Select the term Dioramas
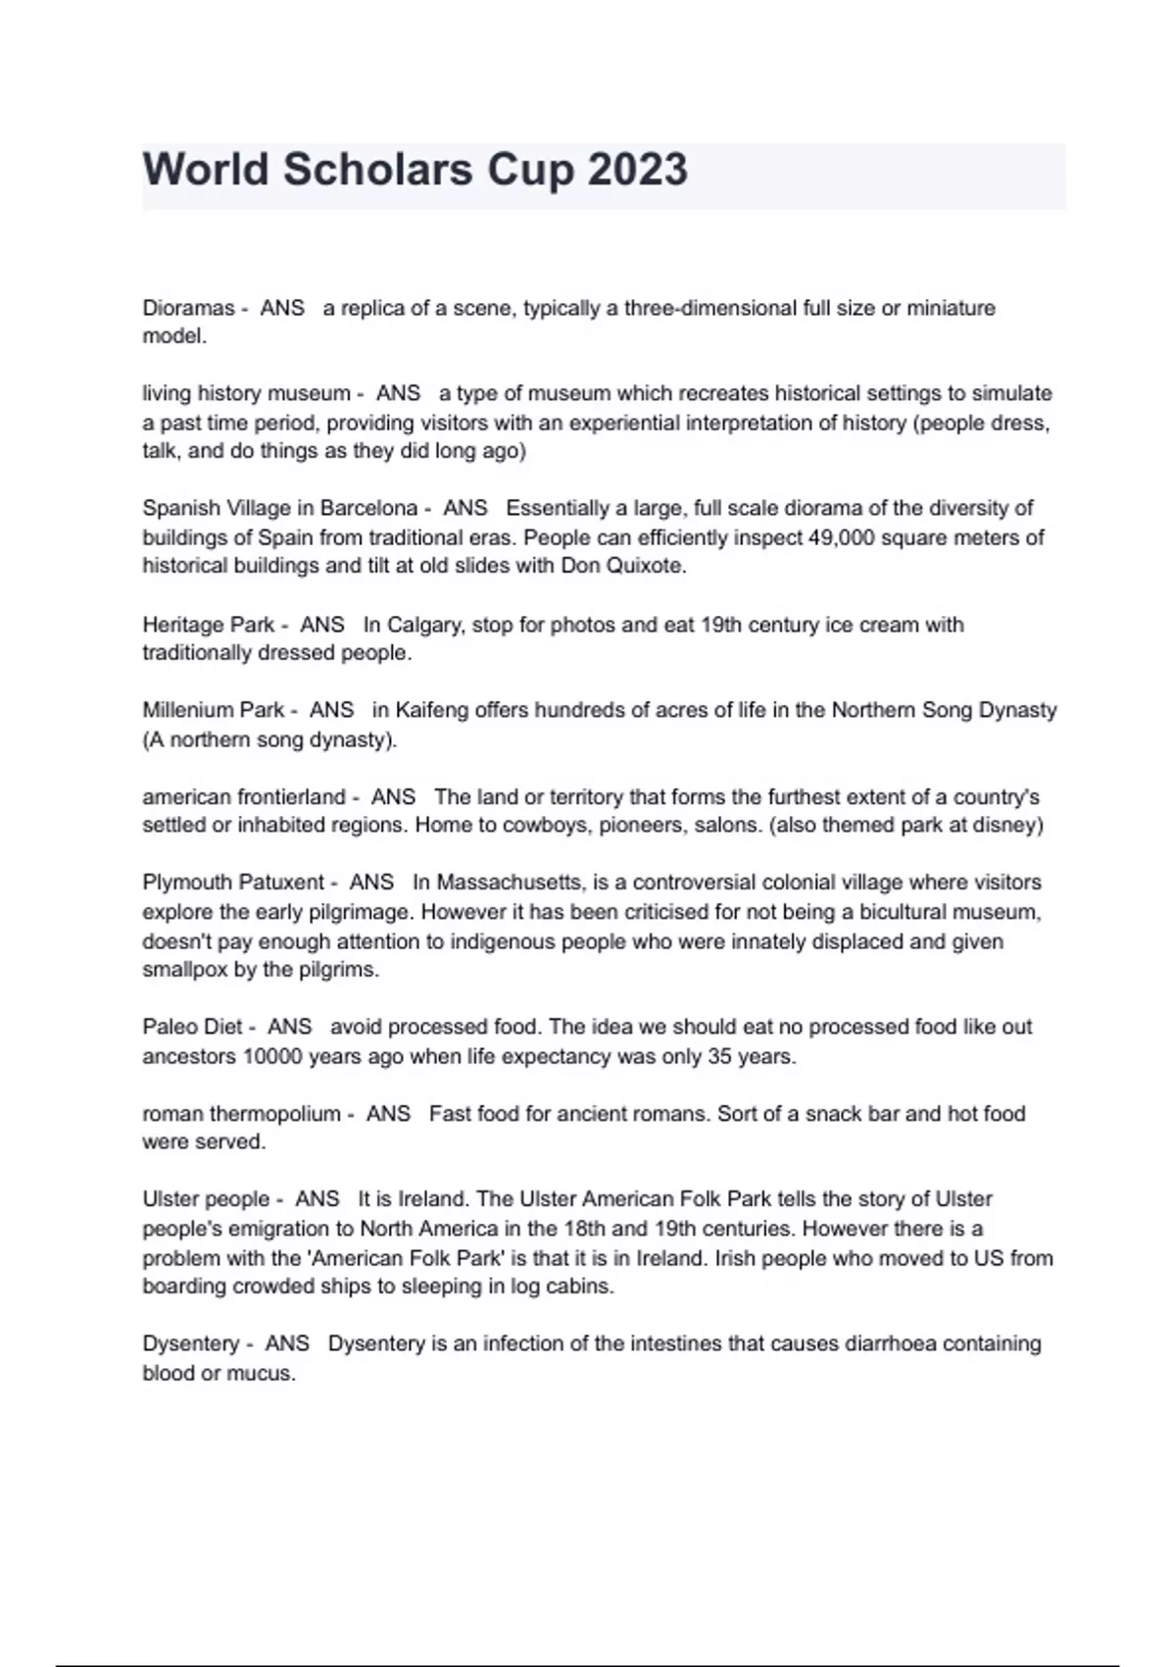188,308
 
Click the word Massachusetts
509,883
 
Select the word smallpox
185,970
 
